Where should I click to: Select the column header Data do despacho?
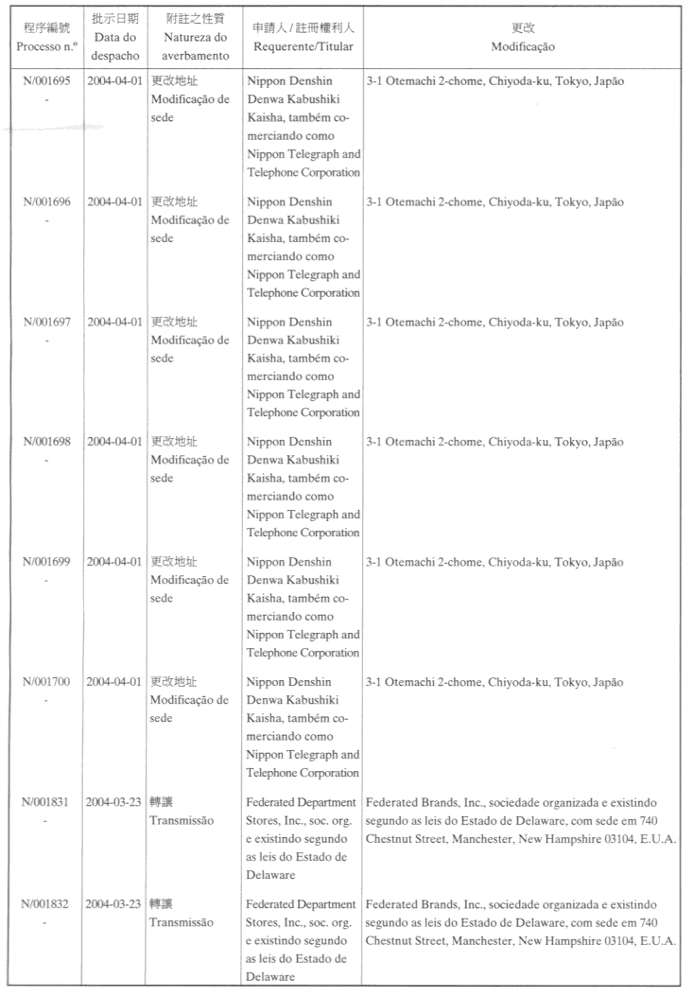pos(115,38)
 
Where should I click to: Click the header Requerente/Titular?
pos(303,46)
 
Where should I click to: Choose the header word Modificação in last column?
pos(523,46)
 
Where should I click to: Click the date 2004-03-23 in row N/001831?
pos(114,802)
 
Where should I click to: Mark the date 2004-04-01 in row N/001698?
pos(114,442)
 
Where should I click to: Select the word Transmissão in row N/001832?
pos(181,922)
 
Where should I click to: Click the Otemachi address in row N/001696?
pos(494,202)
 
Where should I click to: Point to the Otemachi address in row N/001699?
pos(494,562)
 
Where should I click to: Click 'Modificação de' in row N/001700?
pos(189,700)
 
